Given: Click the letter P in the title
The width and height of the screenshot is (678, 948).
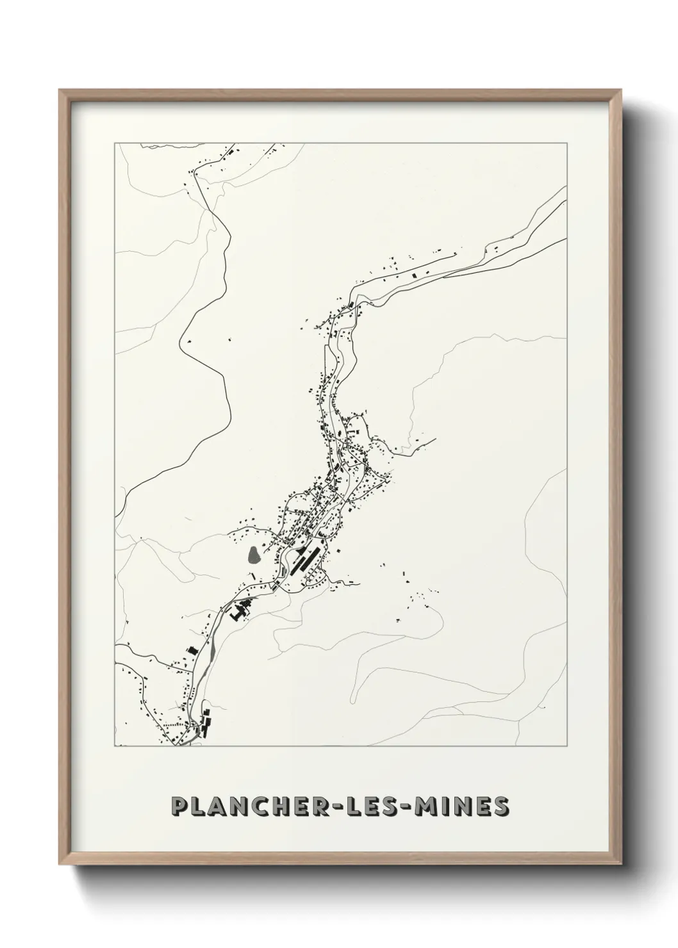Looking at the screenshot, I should pos(180,806).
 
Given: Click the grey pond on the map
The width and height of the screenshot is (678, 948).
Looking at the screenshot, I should pos(254,554).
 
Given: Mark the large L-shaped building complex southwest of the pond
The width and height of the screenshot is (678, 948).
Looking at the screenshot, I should pos(239,611).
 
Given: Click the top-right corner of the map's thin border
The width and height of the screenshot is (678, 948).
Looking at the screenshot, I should pos(566,143).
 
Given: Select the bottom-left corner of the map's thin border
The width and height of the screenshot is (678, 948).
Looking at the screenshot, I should pos(115,746).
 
